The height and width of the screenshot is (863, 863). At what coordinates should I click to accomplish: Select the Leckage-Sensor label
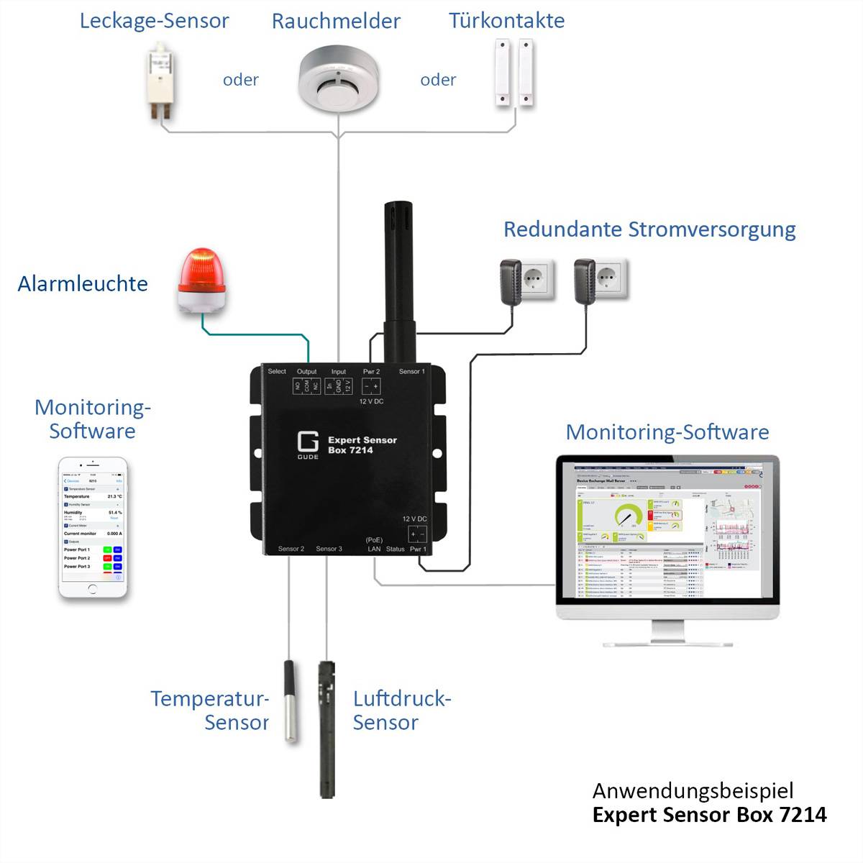pos(154,21)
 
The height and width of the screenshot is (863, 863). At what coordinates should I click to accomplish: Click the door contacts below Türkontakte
pos(515,74)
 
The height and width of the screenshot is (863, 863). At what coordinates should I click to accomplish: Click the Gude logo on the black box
pos(308,444)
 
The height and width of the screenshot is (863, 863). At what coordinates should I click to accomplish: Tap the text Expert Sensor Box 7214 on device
pos(362,444)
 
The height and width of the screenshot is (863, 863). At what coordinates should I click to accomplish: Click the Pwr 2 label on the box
pos(371,372)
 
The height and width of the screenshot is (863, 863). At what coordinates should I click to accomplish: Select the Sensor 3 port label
pos(329,549)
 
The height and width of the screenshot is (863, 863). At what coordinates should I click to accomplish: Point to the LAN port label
pos(374,549)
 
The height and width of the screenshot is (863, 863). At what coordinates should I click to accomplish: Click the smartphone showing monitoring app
pos(93,529)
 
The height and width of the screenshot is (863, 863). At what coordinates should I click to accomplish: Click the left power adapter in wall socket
pos(512,280)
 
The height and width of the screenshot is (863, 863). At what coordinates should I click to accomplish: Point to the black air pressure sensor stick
pos(327,726)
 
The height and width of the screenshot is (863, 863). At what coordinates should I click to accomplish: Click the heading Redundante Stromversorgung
pos(649,229)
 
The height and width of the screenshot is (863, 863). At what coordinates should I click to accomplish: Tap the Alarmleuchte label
pos(83,283)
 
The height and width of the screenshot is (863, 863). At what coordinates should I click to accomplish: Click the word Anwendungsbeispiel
pos(693,790)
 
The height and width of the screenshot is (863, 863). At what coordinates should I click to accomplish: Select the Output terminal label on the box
pos(306,372)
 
